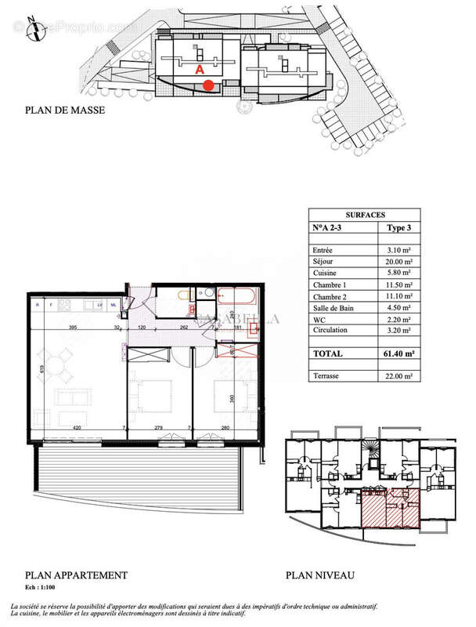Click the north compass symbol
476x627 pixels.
33,31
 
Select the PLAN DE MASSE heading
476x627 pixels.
65,111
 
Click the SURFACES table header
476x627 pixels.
364,214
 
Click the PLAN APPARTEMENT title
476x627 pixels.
76,575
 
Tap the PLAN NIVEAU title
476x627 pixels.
319,575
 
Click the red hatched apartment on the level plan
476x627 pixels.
390,507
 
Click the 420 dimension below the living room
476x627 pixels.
76,428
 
